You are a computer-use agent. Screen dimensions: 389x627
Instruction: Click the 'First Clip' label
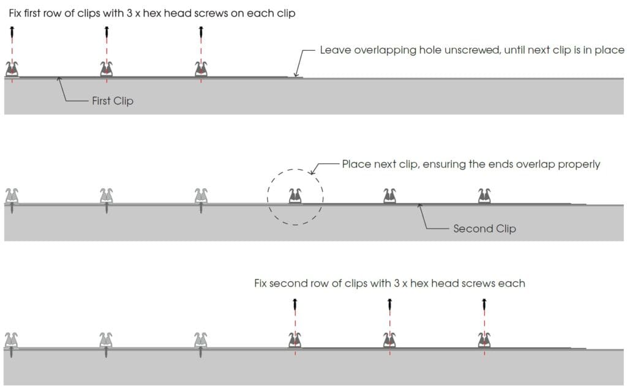tap(112, 101)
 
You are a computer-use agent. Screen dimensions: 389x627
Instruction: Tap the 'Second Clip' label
tap(484, 229)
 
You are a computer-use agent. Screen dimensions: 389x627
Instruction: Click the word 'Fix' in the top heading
tap(17, 13)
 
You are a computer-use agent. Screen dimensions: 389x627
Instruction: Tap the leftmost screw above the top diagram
tap(12, 32)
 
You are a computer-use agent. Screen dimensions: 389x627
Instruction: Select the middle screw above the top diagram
tap(107, 32)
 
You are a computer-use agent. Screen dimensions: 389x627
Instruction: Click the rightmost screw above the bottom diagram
tap(484, 304)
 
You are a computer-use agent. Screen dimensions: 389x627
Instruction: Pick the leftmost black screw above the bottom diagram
tap(295, 304)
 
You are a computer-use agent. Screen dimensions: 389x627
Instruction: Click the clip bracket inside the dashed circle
tap(295, 196)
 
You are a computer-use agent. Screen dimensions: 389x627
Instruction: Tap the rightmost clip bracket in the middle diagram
tap(484, 196)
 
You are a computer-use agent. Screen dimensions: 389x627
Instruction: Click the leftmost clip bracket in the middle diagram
tap(12, 196)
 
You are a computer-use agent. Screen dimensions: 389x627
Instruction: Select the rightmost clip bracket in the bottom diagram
tap(484, 339)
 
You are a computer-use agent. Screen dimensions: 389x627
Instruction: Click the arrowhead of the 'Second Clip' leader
tap(419, 206)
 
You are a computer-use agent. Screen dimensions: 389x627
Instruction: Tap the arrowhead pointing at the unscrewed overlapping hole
tap(296, 75)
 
